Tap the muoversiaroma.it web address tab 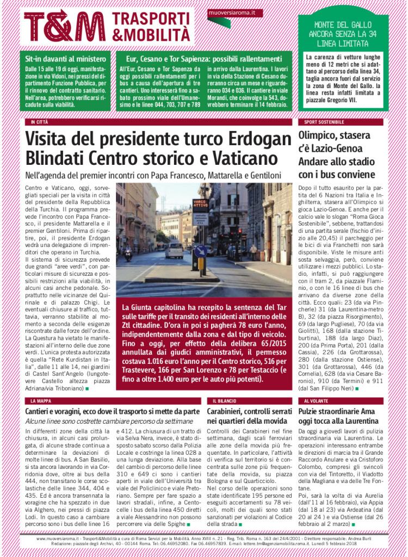(x=235, y=12)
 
